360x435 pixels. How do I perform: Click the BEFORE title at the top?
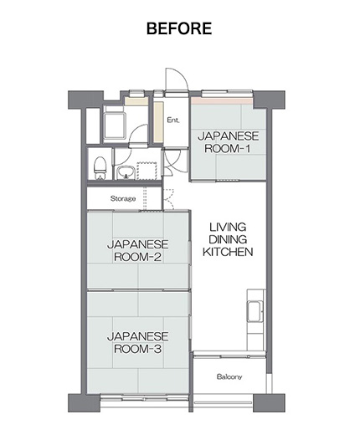point(179,28)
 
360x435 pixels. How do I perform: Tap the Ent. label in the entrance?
point(173,120)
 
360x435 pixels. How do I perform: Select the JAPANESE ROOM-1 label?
point(228,142)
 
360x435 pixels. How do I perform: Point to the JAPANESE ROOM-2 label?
point(138,250)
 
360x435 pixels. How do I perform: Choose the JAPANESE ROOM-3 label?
point(138,342)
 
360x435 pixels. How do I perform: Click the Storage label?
point(123,198)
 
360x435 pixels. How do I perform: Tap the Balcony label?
point(229,376)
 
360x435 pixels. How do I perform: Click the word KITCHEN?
point(228,252)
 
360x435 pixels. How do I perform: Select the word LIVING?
point(228,228)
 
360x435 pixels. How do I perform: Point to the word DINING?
point(228,239)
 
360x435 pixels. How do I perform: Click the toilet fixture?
point(100,168)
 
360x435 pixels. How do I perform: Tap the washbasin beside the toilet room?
point(126,172)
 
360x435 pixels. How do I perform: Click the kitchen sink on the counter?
point(254,311)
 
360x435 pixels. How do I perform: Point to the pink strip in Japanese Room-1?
point(222,100)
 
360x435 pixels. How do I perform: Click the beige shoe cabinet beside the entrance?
point(158,122)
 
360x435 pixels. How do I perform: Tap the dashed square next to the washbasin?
point(147,171)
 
